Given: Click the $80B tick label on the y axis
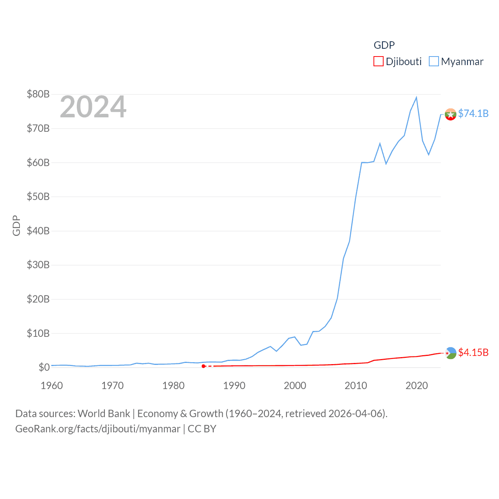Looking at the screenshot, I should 38,94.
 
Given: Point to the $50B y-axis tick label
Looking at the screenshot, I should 38,196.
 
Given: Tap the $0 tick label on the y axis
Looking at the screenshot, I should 44,367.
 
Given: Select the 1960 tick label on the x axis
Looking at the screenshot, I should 52,386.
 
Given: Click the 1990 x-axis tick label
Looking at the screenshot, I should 234,386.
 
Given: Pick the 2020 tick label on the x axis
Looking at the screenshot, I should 417,386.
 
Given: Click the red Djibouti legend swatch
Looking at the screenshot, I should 378,62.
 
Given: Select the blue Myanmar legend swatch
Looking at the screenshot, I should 434,62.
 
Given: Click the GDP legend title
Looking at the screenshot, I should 384,45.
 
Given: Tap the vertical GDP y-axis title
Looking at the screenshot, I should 16,225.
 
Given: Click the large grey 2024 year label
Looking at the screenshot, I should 93,107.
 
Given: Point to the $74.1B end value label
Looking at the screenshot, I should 473,113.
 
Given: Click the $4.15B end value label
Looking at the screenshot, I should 473,352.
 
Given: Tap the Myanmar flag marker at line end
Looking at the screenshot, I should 450,115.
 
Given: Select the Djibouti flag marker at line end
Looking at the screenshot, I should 450,353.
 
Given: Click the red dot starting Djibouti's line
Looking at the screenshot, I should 203,366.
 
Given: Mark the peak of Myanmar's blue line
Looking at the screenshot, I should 416,97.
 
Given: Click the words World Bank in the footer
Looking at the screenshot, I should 104,414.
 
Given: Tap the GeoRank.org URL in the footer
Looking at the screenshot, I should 97,429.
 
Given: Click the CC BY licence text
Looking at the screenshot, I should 202,429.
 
